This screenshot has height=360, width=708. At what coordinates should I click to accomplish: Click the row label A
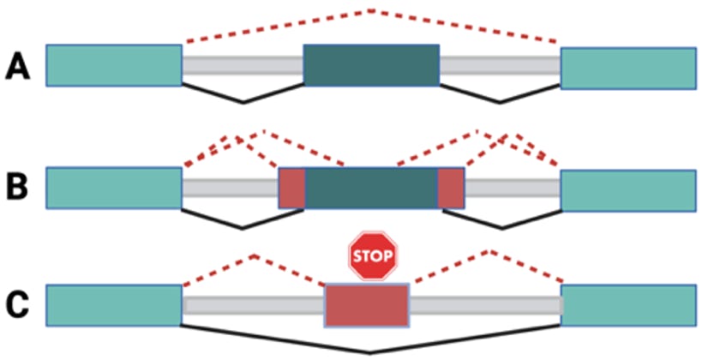(18, 66)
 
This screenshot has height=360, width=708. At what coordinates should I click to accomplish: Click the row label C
(18, 304)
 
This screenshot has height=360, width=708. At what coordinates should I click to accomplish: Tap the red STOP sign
(373, 255)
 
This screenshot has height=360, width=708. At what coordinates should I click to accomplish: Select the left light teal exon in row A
(114, 66)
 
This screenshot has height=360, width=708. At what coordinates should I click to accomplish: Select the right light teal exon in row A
(627, 68)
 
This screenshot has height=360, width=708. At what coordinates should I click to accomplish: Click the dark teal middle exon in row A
(371, 66)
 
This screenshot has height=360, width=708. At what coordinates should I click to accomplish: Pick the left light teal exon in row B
(114, 189)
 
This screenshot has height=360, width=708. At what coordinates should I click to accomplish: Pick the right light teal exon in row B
(627, 189)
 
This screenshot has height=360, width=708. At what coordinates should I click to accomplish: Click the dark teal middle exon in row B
(371, 189)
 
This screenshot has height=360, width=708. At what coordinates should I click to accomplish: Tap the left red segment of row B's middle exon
(292, 189)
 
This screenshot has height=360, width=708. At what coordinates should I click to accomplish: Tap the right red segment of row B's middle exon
(451, 189)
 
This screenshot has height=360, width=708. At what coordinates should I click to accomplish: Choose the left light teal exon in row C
(114, 305)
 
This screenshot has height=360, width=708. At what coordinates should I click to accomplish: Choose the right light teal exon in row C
(627, 305)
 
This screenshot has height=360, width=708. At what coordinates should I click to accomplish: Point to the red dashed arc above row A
(371, 11)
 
